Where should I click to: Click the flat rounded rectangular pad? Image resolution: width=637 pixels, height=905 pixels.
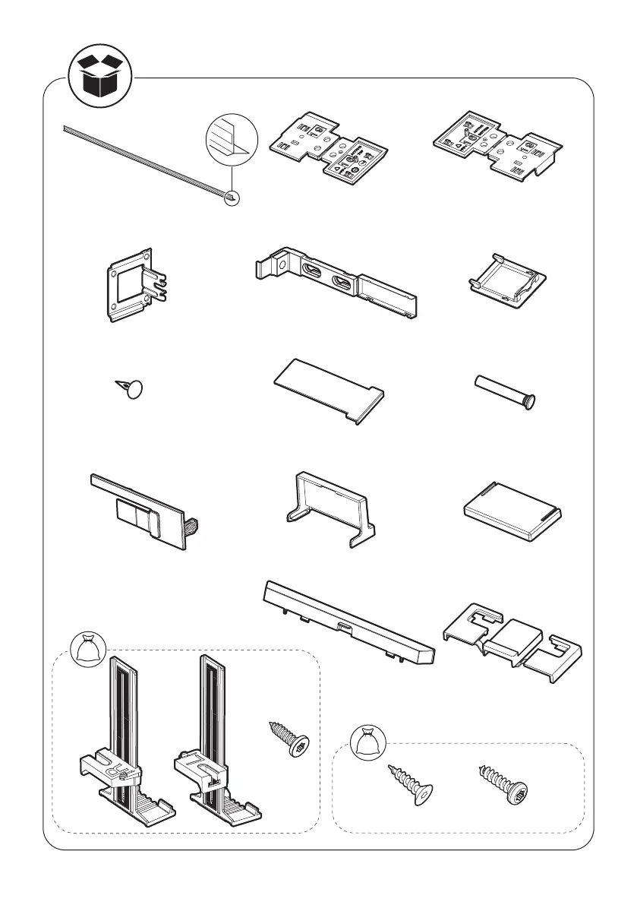tap(512, 513)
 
